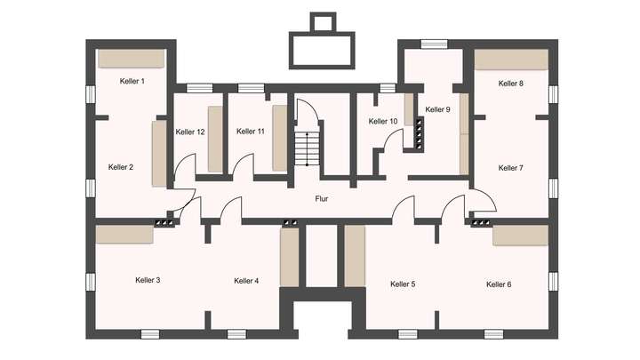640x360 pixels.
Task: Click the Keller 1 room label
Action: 132,81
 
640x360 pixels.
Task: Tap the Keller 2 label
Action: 121,167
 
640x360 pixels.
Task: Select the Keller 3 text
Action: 148,281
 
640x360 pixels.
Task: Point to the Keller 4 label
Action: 246,281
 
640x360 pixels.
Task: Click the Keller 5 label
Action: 403,284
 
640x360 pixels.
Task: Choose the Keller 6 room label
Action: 499,284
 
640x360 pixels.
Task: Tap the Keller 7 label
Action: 510,168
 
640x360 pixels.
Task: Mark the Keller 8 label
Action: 510,84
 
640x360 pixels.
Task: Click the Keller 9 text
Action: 437,109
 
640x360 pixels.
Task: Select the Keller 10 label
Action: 383,122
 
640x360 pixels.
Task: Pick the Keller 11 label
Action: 251,132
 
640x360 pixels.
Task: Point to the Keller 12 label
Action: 190,132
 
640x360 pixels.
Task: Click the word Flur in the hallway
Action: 322,199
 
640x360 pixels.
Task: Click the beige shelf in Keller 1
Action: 131,59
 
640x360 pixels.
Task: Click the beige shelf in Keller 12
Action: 215,140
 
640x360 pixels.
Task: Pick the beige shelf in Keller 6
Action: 521,235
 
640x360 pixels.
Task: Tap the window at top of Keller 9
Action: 434,44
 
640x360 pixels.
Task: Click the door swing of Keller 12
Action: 185,166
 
